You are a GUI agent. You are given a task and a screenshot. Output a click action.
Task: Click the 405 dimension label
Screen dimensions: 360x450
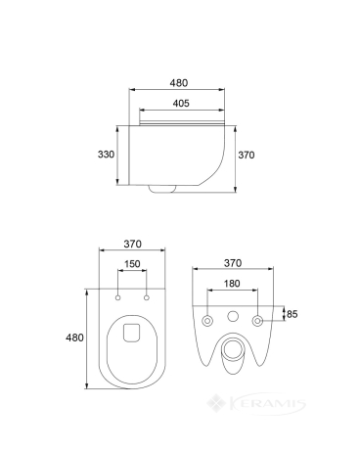(x=181, y=104)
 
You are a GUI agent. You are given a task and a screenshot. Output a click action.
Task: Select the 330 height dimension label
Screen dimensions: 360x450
(x=106, y=155)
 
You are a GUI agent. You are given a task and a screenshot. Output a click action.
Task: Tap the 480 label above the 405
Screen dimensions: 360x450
(x=179, y=83)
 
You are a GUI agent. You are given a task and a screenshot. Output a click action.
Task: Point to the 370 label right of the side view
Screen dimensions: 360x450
(x=247, y=155)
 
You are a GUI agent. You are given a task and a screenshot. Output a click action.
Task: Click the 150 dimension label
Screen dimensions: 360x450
(x=132, y=264)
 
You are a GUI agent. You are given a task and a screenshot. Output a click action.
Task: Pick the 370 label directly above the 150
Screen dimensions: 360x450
(x=133, y=244)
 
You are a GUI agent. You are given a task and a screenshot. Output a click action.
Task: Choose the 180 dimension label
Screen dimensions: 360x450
(x=232, y=284)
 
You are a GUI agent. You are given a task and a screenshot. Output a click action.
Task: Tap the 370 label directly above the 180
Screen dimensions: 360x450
(x=233, y=263)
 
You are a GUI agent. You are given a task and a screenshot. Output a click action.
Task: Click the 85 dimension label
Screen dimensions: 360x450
(x=292, y=314)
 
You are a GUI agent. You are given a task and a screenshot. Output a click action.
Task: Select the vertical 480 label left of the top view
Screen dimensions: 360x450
(x=74, y=337)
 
